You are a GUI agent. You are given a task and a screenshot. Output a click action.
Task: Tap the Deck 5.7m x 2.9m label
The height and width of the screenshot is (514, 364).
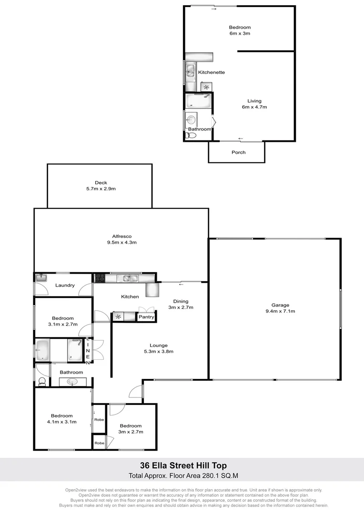click(x=101, y=186)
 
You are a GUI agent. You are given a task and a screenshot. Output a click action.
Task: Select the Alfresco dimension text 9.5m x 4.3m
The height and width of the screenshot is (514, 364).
click(x=122, y=242)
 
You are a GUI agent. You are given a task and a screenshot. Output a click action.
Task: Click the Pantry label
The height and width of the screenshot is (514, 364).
click(x=146, y=317)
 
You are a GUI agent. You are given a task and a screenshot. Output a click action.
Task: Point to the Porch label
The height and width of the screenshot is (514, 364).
click(x=238, y=152)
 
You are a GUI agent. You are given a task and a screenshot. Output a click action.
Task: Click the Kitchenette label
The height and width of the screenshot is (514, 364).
click(x=211, y=72)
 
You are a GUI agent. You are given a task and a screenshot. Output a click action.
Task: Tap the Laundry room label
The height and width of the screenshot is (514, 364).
click(x=65, y=285)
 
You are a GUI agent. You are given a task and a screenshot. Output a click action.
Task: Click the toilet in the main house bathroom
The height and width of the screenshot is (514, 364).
click(x=42, y=381)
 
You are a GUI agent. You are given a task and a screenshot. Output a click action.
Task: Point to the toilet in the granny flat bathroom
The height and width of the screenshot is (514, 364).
click(x=192, y=135)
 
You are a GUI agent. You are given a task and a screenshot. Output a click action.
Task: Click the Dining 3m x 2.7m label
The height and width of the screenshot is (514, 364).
click(x=181, y=304)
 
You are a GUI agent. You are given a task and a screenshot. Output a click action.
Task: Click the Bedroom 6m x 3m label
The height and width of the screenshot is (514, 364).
click(x=240, y=30)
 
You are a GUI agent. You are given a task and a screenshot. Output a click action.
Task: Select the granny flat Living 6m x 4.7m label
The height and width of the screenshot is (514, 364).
click(x=254, y=104)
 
